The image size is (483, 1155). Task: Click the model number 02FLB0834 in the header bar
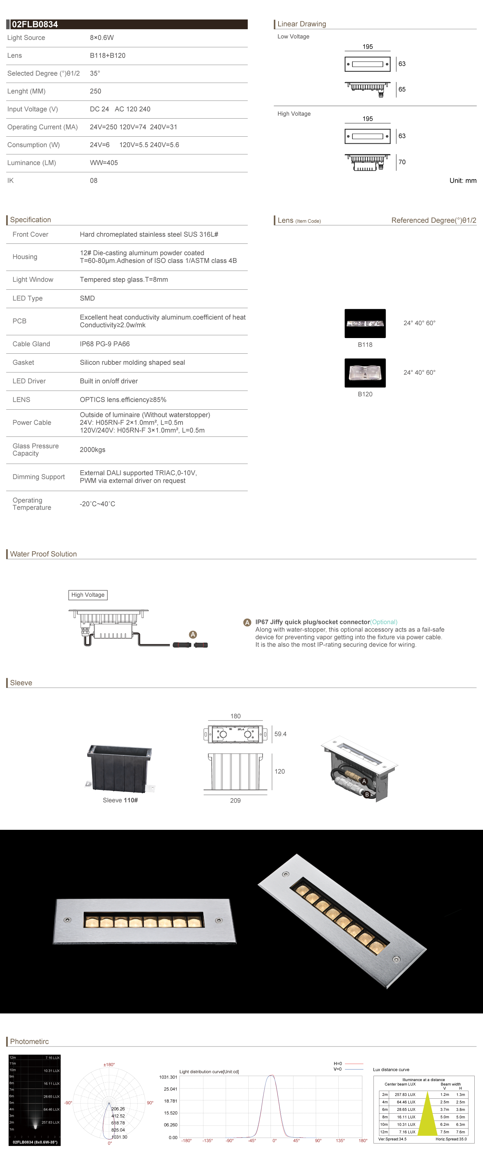click(x=35, y=24)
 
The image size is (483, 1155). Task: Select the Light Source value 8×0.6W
click(x=102, y=38)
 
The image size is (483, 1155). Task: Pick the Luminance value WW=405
click(x=104, y=163)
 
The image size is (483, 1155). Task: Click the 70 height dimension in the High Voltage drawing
click(x=402, y=162)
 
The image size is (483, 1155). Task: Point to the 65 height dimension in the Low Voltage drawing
click(x=402, y=89)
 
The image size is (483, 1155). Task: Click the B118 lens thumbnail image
click(x=365, y=323)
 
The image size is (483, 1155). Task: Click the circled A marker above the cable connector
click(x=193, y=634)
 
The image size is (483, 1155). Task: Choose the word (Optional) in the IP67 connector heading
click(x=384, y=622)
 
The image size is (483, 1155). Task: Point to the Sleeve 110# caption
click(x=120, y=800)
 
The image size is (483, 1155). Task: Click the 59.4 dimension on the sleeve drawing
click(x=280, y=734)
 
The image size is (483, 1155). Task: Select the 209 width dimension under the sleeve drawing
click(x=235, y=800)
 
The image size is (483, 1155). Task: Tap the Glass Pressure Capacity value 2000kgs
click(x=92, y=450)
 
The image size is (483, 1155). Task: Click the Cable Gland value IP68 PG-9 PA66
click(x=104, y=344)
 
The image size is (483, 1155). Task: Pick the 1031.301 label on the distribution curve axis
click(x=168, y=1077)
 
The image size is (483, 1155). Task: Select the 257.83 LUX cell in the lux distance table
click(x=405, y=1094)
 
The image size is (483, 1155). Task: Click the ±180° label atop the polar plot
click(x=109, y=1065)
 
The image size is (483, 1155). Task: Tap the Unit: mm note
click(x=463, y=181)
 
